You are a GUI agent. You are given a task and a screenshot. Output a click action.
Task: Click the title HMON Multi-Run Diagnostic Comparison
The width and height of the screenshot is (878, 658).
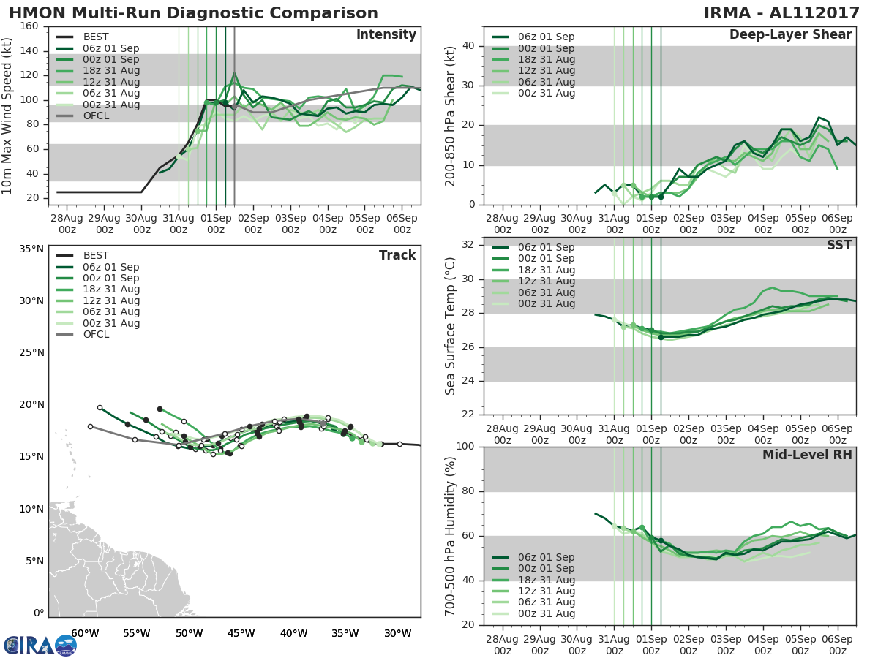[x=193, y=13]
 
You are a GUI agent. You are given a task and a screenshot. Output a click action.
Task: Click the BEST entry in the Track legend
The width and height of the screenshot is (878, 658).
[x=96, y=255]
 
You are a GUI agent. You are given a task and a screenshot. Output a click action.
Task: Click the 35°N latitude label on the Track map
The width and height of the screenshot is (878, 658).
[x=31, y=249]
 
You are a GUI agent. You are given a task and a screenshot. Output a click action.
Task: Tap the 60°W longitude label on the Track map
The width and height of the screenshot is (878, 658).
[x=85, y=633]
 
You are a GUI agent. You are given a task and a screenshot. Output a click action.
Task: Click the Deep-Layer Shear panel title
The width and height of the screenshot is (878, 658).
[x=790, y=35]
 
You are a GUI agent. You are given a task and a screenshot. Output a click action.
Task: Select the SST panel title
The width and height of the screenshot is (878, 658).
[x=838, y=245]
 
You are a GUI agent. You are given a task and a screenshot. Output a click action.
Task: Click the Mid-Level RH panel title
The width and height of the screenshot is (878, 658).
[x=807, y=455]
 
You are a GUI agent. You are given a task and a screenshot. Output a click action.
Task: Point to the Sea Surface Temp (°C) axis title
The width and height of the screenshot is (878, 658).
[x=451, y=327]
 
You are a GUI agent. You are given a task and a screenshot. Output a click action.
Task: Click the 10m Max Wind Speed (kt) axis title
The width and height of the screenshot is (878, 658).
[x=7, y=110]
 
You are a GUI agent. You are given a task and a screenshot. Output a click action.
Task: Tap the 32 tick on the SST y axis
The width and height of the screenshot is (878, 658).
[x=468, y=245]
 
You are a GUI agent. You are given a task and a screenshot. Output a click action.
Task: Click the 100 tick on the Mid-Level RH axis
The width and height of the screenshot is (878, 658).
[x=464, y=447]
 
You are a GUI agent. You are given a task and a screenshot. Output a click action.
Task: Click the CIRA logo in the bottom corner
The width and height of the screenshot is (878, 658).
[x=40, y=645]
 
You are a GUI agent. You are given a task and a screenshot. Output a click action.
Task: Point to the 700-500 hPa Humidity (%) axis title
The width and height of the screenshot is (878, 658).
[x=451, y=536]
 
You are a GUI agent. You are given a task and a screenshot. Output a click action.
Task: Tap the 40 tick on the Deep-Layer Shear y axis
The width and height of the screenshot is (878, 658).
[x=468, y=46]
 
